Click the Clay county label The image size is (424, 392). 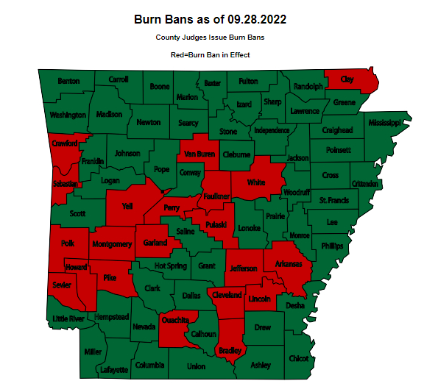(347, 79)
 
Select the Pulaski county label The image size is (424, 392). (216, 224)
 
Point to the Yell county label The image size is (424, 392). (127, 207)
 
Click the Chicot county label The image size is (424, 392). (298, 358)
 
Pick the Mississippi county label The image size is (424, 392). (384, 122)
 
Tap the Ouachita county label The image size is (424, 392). (175, 320)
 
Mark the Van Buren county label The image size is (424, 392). (199, 154)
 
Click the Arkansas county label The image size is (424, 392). (289, 264)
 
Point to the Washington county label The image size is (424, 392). (68, 115)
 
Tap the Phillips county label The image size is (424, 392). (331, 246)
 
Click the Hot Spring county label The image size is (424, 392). (170, 266)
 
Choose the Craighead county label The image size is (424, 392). (337, 130)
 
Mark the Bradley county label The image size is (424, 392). (230, 351)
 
